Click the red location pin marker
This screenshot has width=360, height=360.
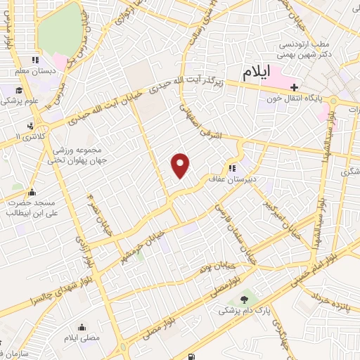coord(181,165)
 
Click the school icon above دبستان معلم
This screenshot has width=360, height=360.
coord(36,60)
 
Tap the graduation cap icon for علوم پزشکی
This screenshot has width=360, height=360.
coord(19,89)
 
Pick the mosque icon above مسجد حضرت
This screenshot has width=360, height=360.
coord(31,192)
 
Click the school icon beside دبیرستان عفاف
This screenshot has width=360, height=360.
coord(231,168)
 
